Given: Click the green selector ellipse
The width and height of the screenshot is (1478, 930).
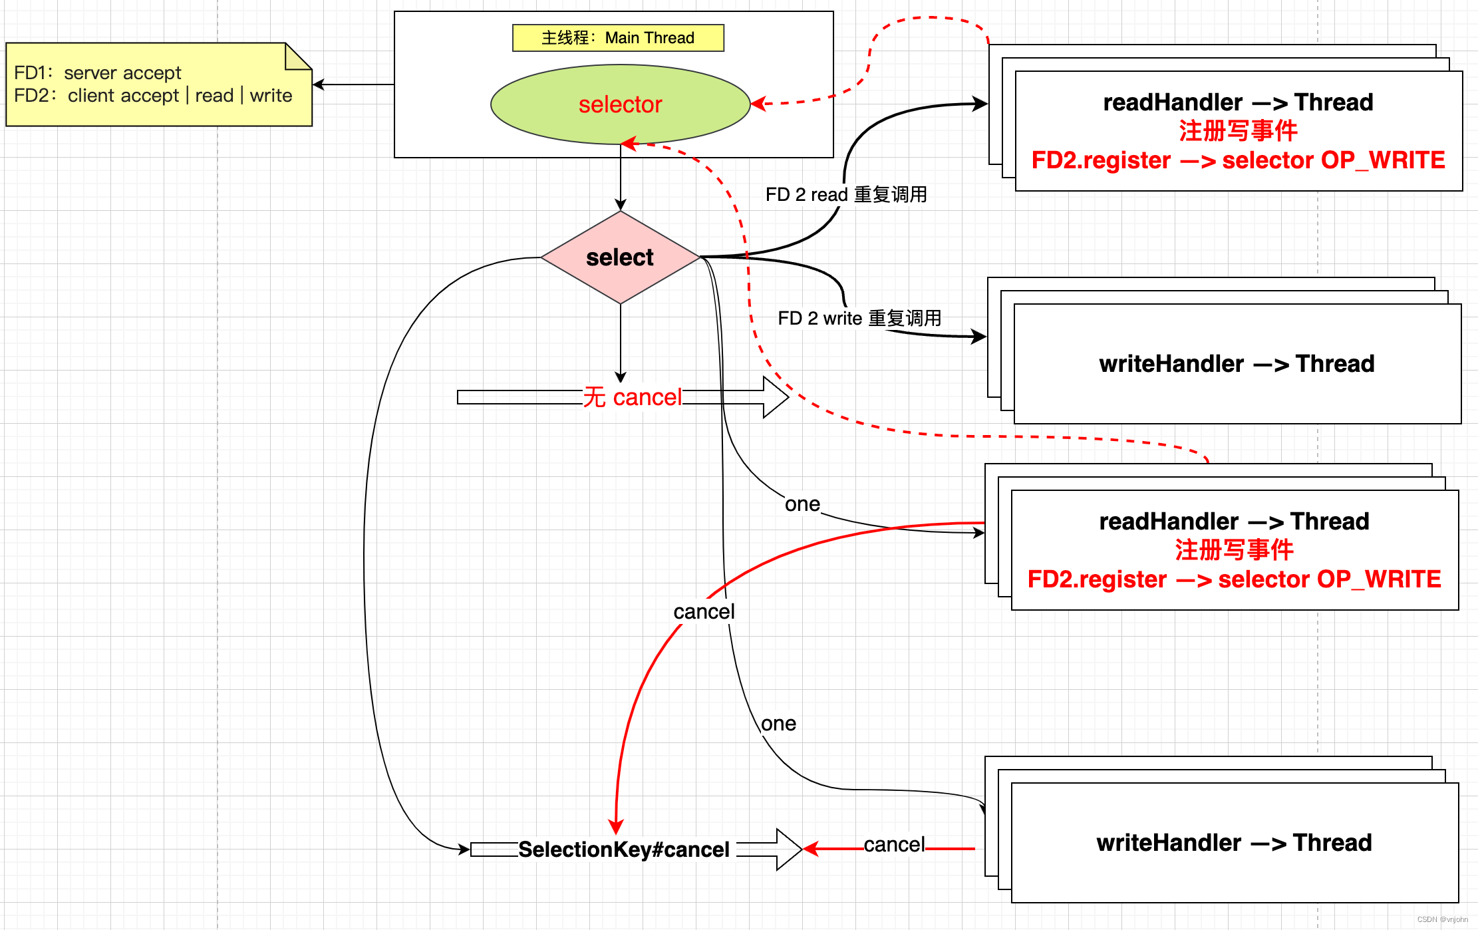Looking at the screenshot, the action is pos(620,104).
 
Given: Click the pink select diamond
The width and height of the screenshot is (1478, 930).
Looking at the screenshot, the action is pos(620,257).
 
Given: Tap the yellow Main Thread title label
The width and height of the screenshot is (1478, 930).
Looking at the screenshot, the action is pos(618,38).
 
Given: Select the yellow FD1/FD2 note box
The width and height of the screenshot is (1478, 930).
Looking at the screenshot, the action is pos(159,84).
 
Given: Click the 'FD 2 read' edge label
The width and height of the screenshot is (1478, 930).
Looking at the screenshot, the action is pos(846,194).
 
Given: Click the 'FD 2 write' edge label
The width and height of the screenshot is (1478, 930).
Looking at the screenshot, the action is pos(859,318).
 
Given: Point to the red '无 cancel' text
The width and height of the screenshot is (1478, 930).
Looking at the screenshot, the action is pos(633,397).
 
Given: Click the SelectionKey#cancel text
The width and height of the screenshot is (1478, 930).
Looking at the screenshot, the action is pos(624,850).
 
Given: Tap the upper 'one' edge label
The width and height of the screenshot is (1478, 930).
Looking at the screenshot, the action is pos(802,504).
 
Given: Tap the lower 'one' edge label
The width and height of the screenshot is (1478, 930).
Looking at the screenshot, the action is pos(778,724).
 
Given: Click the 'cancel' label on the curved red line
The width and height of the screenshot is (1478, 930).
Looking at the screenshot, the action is pos(704,611).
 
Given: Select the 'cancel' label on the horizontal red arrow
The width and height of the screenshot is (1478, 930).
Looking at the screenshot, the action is pos(894,844).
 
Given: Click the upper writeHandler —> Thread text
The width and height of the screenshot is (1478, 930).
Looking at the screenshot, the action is pos(1237,364).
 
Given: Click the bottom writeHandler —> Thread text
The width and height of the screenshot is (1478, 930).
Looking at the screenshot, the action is pos(1234,843).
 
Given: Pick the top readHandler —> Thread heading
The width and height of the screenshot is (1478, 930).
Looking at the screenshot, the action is pos(1238,102).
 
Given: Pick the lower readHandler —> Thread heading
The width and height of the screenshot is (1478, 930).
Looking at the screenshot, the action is pos(1234,522).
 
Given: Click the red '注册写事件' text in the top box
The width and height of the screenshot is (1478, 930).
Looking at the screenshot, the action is pos(1238,131).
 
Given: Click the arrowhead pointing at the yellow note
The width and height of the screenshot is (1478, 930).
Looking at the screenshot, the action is pos(318,84).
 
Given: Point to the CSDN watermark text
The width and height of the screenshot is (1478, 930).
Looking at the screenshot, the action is pos(1442,919).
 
